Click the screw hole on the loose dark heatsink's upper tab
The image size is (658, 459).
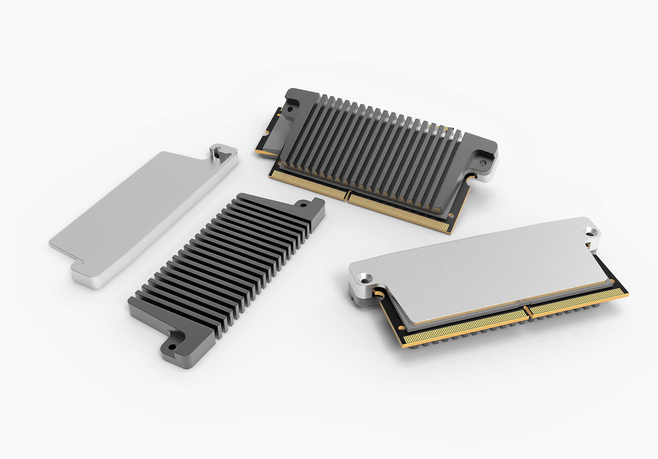coord(303,205)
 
